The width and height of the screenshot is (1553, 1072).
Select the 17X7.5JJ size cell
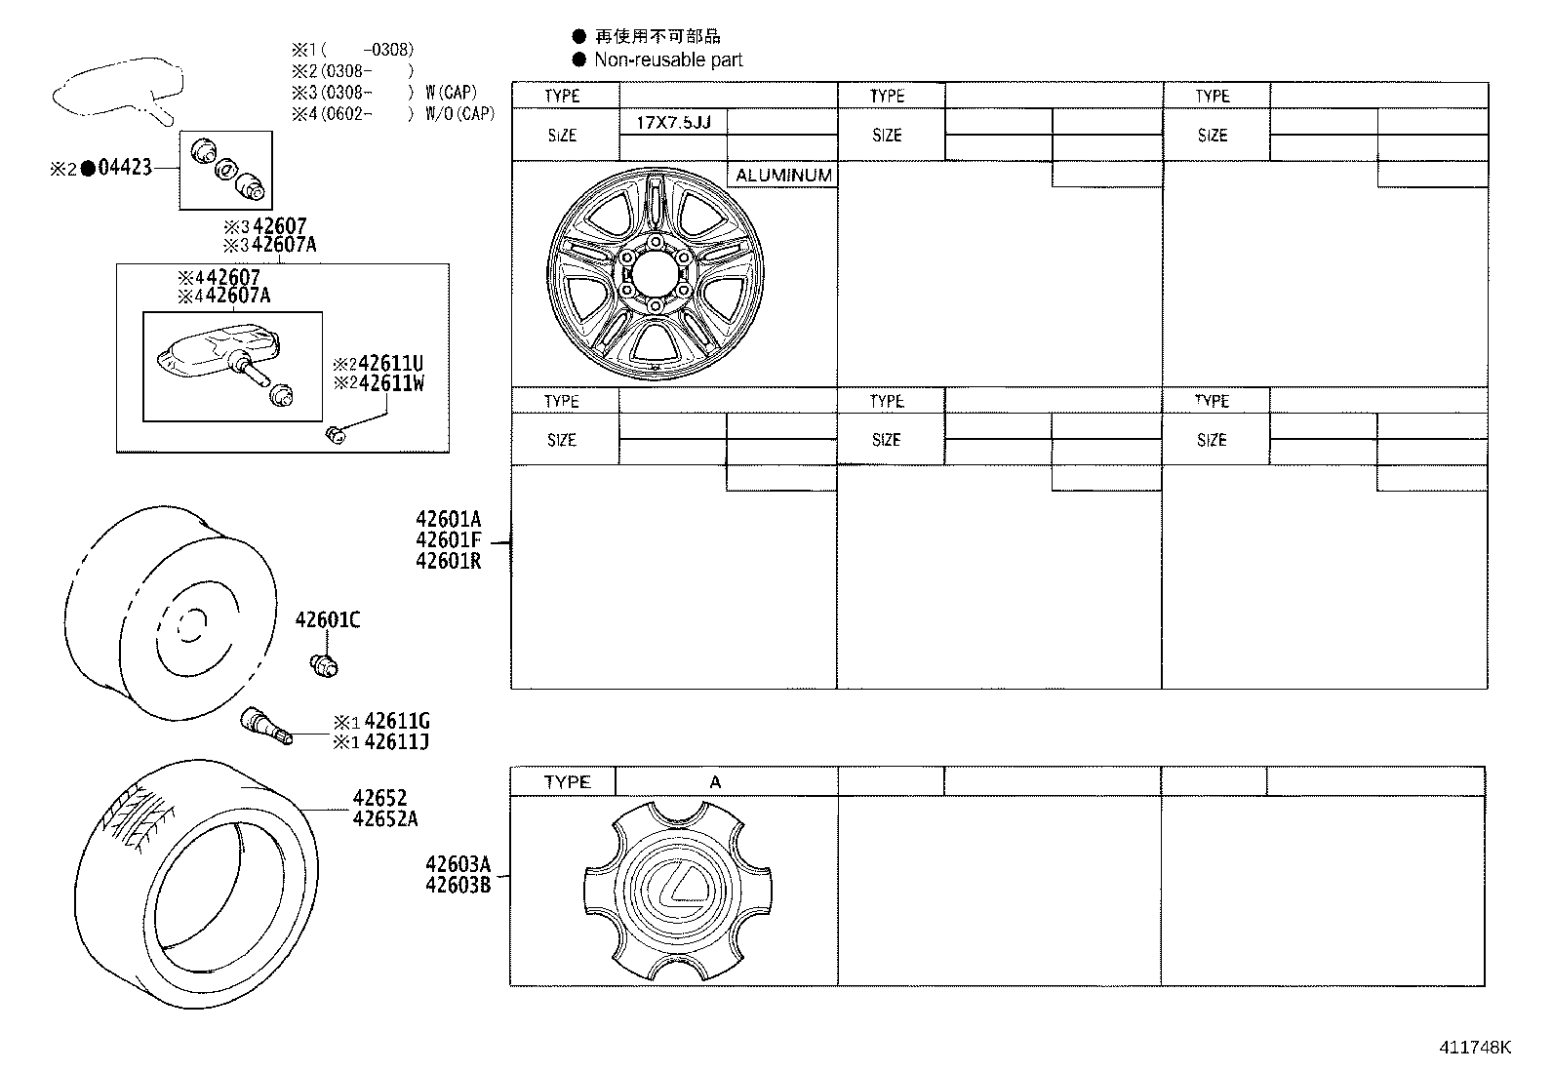coord(673,122)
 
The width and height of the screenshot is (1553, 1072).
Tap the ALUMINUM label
coord(783,176)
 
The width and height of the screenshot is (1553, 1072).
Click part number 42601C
coord(328,619)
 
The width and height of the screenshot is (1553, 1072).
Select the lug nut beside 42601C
coord(323,665)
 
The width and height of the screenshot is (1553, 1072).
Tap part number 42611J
coord(396,742)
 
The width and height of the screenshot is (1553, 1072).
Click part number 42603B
coord(458,885)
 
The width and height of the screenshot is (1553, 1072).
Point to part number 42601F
coord(448,540)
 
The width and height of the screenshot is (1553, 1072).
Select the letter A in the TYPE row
coord(715,782)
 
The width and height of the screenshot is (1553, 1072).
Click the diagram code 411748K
coord(1474,1048)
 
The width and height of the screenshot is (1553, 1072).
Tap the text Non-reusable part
coord(668,60)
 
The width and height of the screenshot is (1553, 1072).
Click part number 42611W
coord(391,383)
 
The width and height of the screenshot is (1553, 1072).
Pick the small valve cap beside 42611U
coord(335,434)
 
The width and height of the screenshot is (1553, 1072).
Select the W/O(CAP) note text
coord(459,113)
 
